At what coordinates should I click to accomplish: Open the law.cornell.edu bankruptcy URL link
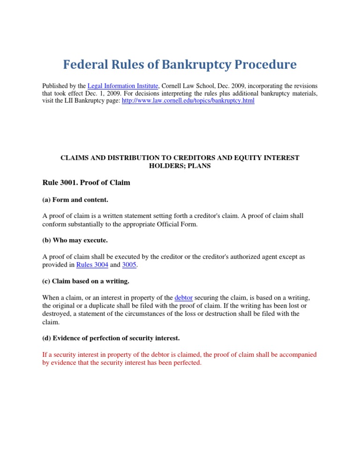coord(188,101)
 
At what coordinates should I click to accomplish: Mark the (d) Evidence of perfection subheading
coord(111,338)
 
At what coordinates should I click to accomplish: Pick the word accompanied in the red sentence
coord(297,354)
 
